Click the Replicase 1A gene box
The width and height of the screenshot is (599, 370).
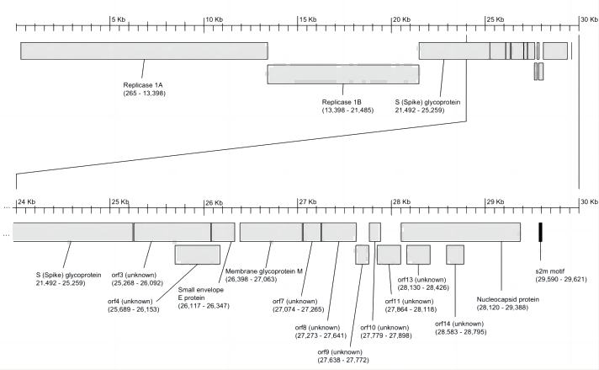tap(144, 51)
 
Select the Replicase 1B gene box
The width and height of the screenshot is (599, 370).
tap(342, 74)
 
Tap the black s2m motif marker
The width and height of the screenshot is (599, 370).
tap(540, 233)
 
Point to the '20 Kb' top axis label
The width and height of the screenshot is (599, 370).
tap(401, 19)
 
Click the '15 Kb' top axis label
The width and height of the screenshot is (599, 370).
tap(307, 19)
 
